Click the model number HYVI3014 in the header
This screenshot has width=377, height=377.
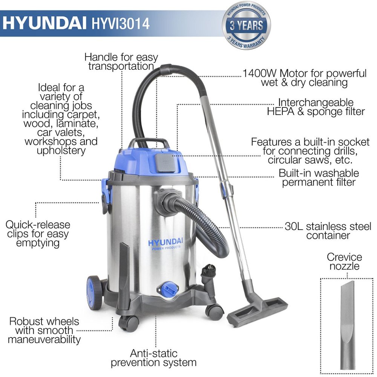(121, 23)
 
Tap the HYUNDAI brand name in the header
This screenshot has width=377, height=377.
(45, 23)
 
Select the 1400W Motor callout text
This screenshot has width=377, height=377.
(304, 78)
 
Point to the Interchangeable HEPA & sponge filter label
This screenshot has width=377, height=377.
(316, 107)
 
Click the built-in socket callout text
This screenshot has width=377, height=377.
(310, 151)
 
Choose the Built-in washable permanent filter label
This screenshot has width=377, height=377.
(319, 178)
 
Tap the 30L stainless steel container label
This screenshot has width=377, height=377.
(328, 231)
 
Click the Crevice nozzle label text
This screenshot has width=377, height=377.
(344, 262)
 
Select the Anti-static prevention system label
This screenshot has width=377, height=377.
(153, 358)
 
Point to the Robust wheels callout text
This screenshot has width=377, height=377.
(44, 331)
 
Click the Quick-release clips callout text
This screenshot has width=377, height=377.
(38, 234)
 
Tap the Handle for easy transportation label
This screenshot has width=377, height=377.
(121, 62)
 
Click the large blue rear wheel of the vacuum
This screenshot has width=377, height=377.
(93, 293)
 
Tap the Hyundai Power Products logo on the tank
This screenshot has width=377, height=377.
(166, 244)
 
